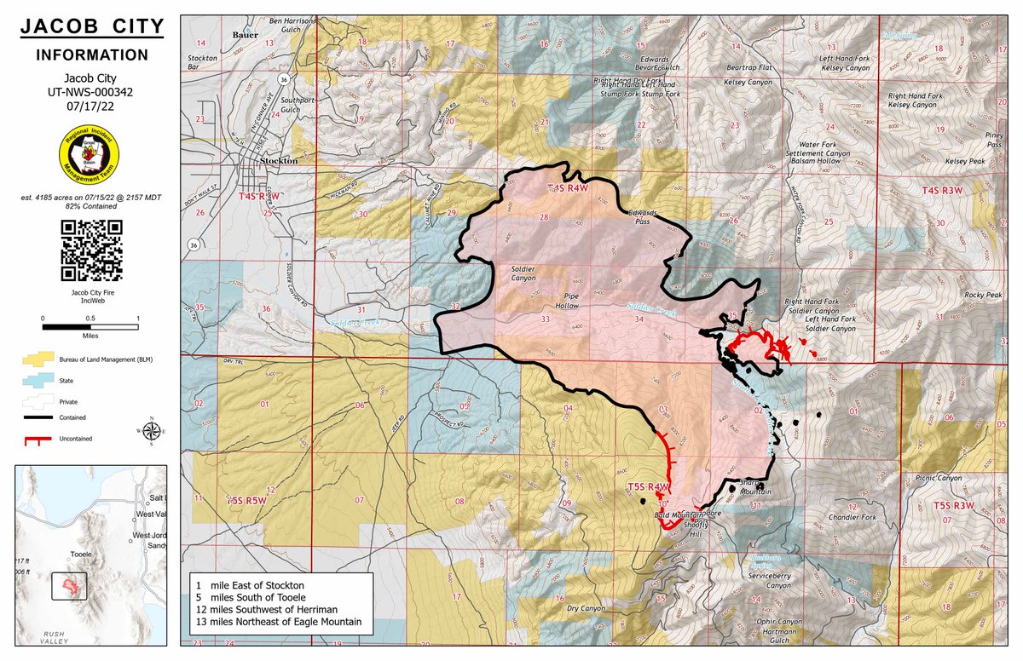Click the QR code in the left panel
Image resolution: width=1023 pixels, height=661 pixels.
click(92, 250)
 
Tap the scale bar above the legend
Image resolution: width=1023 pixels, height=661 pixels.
click(90, 326)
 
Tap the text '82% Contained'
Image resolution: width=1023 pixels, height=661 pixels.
click(91, 207)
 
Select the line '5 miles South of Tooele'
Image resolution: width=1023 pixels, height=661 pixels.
click(255, 599)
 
